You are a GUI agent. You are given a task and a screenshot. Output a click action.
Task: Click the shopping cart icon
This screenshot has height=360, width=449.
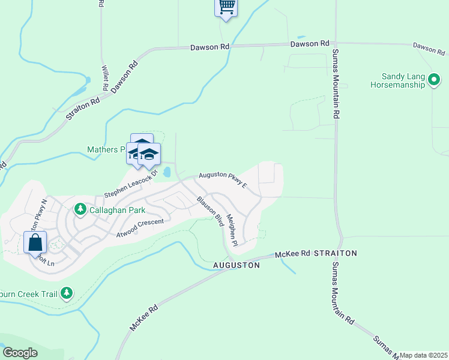226,7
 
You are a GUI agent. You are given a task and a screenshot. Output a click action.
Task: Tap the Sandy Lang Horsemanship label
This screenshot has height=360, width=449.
404,80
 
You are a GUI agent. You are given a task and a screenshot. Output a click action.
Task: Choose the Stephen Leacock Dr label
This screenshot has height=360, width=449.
130,184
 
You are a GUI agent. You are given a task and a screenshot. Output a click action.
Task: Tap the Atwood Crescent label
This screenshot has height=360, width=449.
140,227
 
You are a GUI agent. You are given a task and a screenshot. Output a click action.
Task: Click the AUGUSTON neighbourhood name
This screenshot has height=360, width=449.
237,265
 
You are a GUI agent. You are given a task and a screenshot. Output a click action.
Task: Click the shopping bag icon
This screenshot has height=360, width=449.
35,242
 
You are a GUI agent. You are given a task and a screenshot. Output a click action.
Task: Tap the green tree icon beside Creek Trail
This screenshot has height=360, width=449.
67,293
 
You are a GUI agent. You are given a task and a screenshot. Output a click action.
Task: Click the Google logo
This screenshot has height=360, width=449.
20,353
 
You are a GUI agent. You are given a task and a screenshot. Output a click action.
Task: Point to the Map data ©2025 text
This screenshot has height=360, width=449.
423,355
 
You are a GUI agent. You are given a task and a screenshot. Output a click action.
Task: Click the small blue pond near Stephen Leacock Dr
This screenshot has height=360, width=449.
166,173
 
